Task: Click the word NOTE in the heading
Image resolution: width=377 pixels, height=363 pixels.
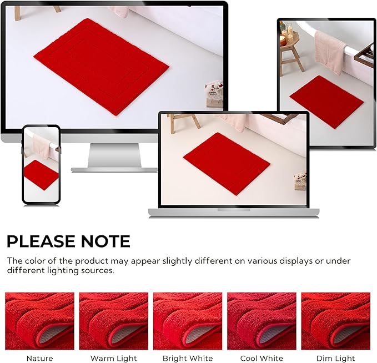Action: pos(105,241)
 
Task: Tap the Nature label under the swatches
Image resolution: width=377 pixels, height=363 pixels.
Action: pos(39,358)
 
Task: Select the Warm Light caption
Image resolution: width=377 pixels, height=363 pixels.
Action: pos(113,358)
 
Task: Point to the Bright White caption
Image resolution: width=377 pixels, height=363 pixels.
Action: pos(188,358)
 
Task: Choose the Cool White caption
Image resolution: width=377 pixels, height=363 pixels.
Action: pos(262,358)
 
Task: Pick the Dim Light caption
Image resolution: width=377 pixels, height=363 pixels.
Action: pos(336,358)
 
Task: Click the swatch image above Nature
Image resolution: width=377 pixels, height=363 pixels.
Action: pos(39,321)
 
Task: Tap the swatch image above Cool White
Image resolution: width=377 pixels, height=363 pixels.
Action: pos(262,321)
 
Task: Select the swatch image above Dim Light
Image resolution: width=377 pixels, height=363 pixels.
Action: pos(336,321)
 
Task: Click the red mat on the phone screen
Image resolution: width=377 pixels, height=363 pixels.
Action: pos(41,175)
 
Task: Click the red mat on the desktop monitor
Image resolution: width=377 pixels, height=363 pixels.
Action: pos(101,66)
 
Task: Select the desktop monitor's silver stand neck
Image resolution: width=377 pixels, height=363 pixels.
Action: pos(114,155)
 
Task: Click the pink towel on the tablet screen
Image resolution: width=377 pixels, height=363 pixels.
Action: pos(330,52)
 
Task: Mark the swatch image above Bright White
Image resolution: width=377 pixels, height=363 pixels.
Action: pos(188,321)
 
